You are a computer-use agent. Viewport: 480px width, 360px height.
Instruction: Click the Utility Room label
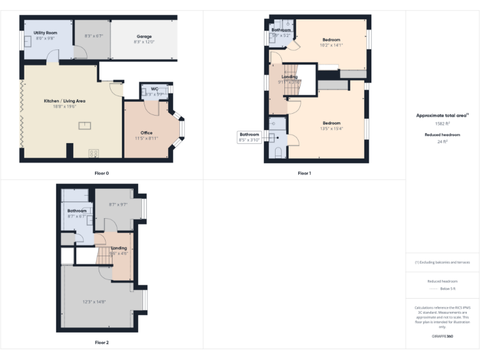pyautogui.click(x=46, y=32)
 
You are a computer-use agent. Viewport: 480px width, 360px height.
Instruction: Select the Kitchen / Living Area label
pyautogui.click(x=64, y=101)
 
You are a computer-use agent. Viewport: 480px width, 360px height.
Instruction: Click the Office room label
pyautogui.click(x=146, y=132)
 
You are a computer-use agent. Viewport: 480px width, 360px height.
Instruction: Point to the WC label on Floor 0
pyautogui.click(x=154, y=89)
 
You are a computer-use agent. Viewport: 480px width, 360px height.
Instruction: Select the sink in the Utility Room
pyautogui.click(x=29, y=41)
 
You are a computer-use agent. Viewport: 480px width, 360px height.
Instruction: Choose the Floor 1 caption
pyautogui.click(x=304, y=172)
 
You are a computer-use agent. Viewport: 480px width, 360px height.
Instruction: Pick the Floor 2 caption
pyautogui.click(x=101, y=342)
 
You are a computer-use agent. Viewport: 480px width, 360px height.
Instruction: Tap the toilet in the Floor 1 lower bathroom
pyautogui.click(x=277, y=152)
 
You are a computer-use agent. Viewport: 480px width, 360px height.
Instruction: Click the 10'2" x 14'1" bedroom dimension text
pyautogui.click(x=331, y=45)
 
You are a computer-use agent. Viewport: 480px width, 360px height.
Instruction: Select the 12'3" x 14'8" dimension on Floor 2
pyautogui.click(x=94, y=302)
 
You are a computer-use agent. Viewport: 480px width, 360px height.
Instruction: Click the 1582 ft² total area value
pyautogui.click(x=442, y=124)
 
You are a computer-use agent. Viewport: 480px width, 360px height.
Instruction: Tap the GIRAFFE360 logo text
pyautogui.click(x=442, y=336)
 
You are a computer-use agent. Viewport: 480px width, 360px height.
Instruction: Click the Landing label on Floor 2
pyautogui.click(x=119, y=248)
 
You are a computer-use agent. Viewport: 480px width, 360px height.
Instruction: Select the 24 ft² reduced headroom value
pyautogui.click(x=442, y=142)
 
